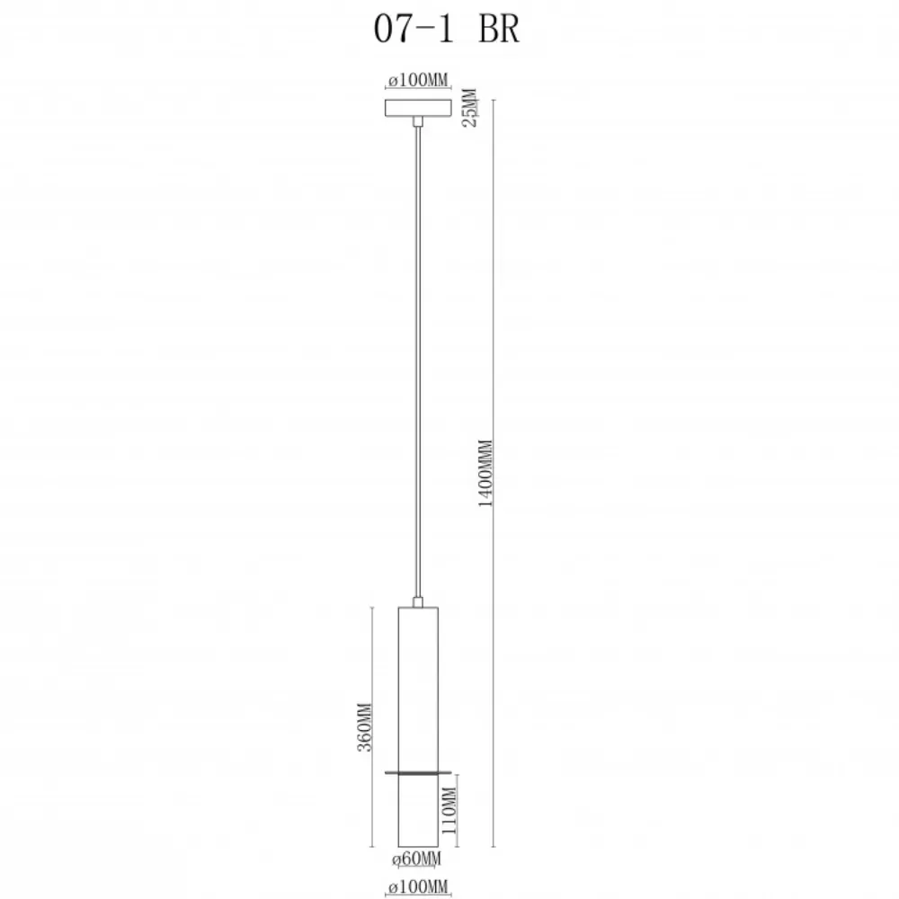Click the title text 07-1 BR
click(x=446, y=29)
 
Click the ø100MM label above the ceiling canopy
click(x=418, y=80)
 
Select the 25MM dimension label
click(x=469, y=108)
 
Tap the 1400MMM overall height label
click(x=485, y=473)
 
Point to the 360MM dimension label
click(x=365, y=727)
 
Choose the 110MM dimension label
click(x=449, y=811)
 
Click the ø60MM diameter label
click(x=417, y=859)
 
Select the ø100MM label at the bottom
click(x=418, y=886)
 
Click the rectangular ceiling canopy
click(x=418, y=108)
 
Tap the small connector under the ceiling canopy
click(x=418, y=121)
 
